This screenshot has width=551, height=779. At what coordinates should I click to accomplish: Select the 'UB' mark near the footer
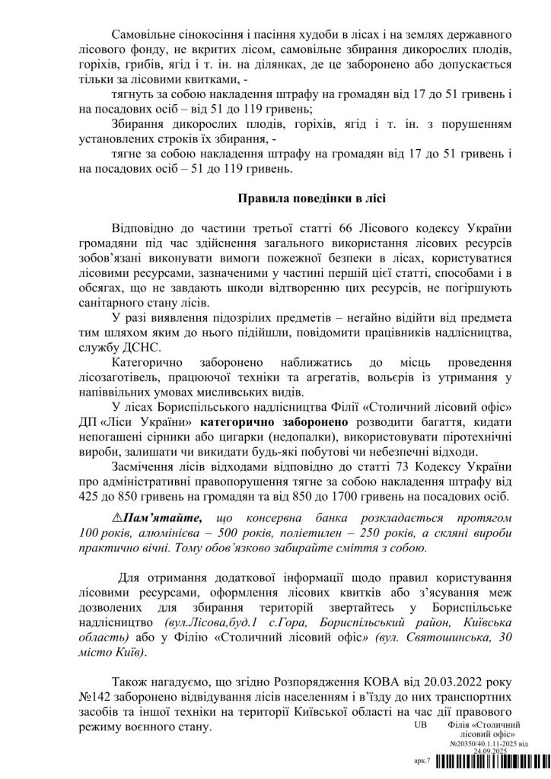point(419,726)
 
